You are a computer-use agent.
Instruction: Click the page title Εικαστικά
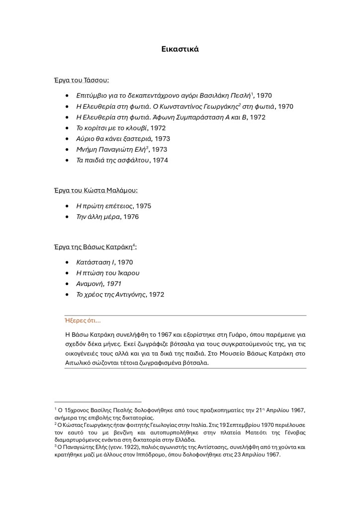(x=180, y=49)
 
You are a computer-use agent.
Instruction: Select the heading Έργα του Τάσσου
(x=82, y=80)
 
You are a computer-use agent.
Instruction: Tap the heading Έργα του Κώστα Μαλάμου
(x=95, y=190)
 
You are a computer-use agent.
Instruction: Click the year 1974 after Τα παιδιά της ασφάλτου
(x=161, y=160)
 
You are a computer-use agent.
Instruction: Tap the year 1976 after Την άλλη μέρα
(x=130, y=217)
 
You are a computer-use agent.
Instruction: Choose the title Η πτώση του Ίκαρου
(x=107, y=273)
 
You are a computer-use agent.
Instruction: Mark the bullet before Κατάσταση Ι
(x=67, y=262)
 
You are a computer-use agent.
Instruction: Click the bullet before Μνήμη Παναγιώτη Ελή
(x=67, y=149)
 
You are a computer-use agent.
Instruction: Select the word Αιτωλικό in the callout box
(x=80, y=363)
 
